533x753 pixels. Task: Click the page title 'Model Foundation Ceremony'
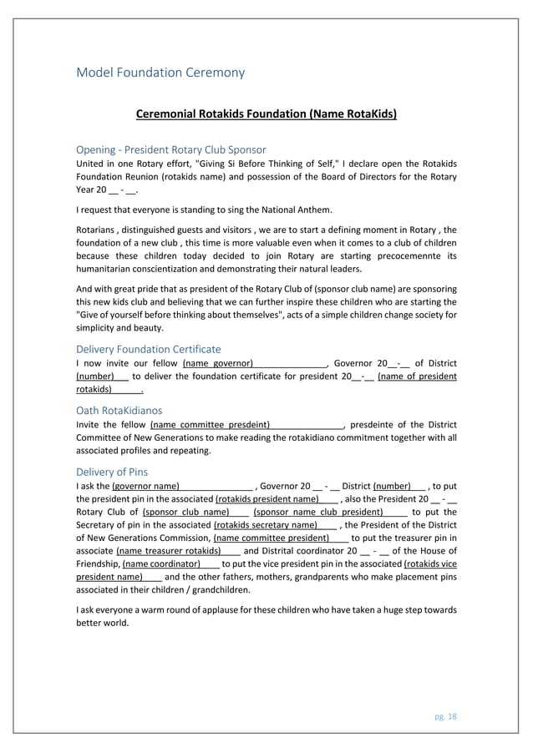pyautogui.click(x=160, y=73)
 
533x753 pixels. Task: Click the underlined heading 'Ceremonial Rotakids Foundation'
pyautogui.click(x=266, y=114)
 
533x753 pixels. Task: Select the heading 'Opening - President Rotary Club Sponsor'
pyautogui.click(x=170, y=149)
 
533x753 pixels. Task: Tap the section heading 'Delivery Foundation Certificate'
pyautogui.click(x=149, y=349)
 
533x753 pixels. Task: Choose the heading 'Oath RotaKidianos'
pyautogui.click(x=119, y=411)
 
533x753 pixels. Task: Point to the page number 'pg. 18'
pyautogui.click(x=445, y=716)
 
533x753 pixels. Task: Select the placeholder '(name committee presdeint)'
pyautogui.click(x=210, y=424)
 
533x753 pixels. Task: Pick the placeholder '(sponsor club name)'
pyautogui.click(x=186, y=512)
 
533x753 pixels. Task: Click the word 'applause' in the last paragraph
pyautogui.click(x=221, y=610)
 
